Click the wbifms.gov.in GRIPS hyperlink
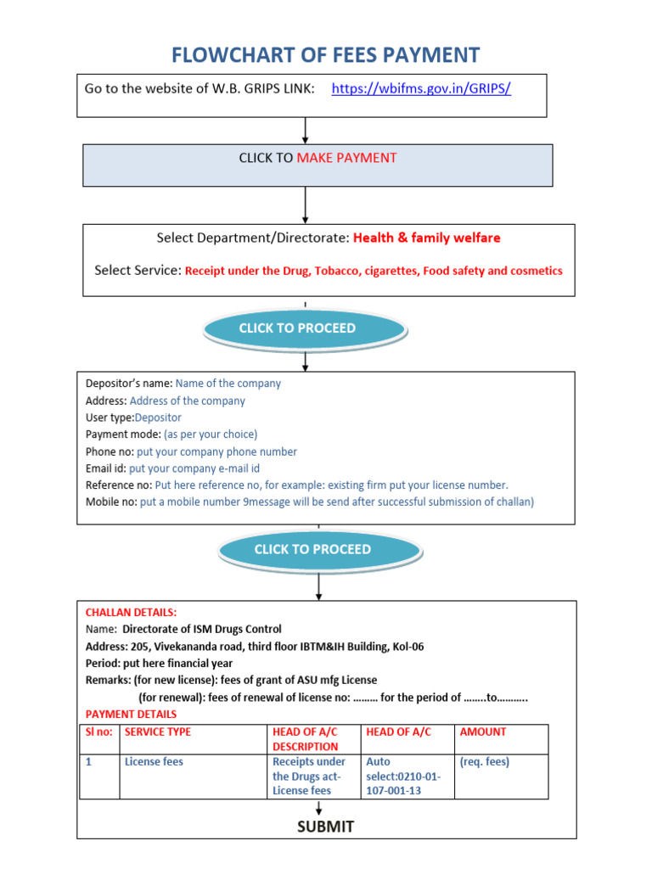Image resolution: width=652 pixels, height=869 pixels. (x=421, y=88)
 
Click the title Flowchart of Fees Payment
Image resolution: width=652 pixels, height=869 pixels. (x=326, y=56)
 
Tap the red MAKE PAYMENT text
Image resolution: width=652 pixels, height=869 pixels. (x=346, y=158)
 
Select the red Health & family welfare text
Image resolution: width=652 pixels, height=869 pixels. (x=426, y=238)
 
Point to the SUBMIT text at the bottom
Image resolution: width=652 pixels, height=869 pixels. (x=325, y=827)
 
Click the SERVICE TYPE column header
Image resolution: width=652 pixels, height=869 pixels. (x=158, y=732)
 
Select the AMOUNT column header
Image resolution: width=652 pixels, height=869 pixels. (x=482, y=732)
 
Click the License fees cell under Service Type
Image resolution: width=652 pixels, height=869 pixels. (x=154, y=762)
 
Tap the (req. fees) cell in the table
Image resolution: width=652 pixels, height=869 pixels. (x=484, y=762)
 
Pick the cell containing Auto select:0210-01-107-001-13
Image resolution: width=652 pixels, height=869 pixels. (x=402, y=776)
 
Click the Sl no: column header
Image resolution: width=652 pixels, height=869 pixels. (x=99, y=732)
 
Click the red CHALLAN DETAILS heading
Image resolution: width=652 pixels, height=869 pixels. (x=132, y=612)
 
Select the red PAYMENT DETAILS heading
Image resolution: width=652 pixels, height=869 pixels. (x=132, y=715)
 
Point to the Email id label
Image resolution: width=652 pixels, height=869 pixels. (x=105, y=468)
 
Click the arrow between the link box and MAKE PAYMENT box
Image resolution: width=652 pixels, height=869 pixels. (x=306, y=130)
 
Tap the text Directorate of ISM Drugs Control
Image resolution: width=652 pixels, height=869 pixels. (x=201, y=630)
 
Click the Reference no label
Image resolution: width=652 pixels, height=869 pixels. (x=118, y=485)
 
